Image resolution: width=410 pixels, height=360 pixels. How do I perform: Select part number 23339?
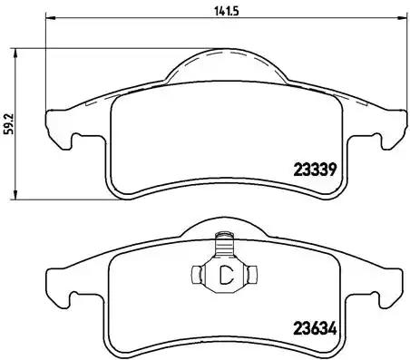[x=316, y=167]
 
